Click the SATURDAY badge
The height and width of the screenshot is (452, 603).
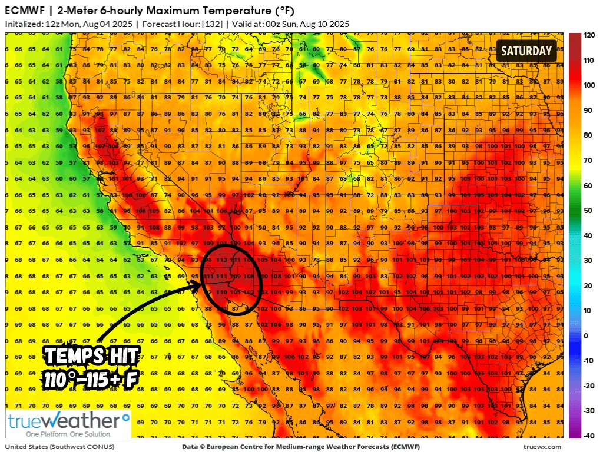(x=526, y=51)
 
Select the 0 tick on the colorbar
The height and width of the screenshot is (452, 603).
(x=585, y=335)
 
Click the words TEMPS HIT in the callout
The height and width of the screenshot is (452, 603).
(x=92, y=355)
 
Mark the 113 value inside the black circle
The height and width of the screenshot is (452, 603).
(x=222, y=258)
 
